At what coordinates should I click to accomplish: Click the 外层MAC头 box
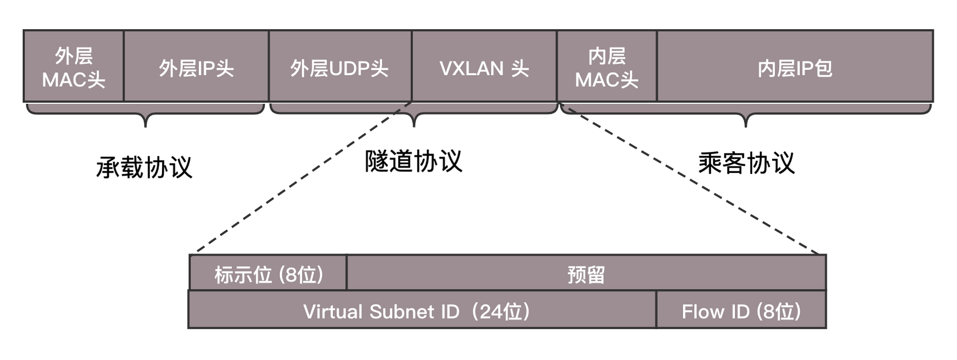click(x=73, y=66)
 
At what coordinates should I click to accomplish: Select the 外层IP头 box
click(x=196, y=66)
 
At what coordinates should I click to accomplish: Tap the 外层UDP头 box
click(x=340, y=66)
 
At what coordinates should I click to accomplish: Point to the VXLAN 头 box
click(x=484, y=66)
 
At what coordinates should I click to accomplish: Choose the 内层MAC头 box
click(x=607, y=66)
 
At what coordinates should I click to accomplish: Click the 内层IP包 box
click(x=795, y=66)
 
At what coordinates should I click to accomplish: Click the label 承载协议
click(x=144, y=167)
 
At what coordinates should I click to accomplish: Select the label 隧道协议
click(x=414, y=161)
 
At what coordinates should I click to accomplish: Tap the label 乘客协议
click(x=746, y=163)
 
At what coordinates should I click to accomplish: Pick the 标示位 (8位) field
click(x=268, y=274)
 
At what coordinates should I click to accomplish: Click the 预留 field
click(x=586, y=274)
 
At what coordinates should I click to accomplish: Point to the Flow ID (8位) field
click(x=741, y=310)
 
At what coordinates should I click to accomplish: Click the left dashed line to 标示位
click(x=303, y=178)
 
